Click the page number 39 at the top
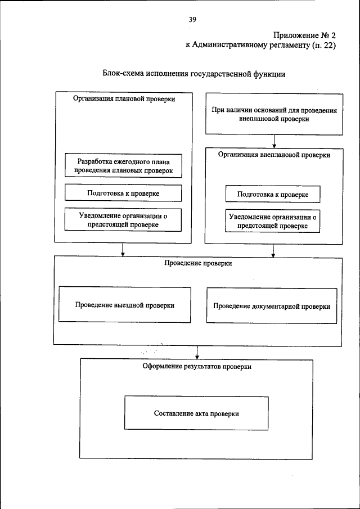(x=192, y=19)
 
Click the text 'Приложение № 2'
(x=304, y=35)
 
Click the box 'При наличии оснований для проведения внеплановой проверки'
(x=274, y=115)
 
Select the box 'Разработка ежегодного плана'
(x=123, y=165)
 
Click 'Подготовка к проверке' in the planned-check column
(x=123, y=193)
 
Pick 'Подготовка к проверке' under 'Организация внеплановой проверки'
(x=273, y=194)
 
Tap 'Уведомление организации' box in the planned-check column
(x=123, y=219)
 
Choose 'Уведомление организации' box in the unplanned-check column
(x=273, y=221)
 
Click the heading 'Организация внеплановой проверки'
(x=274, y=155)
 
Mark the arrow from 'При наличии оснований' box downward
(x=274, y=140)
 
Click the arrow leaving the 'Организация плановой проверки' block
(x=123, y=250)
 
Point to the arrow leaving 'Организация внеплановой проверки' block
(x=274, y=250)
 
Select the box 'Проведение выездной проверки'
(x=124, y=305)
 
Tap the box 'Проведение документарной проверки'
(x=272, y=307)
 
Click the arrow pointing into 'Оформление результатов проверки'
(x=197, y=352)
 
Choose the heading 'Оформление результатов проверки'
(x=197, y=366)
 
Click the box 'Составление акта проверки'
(x=197, y=413)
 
